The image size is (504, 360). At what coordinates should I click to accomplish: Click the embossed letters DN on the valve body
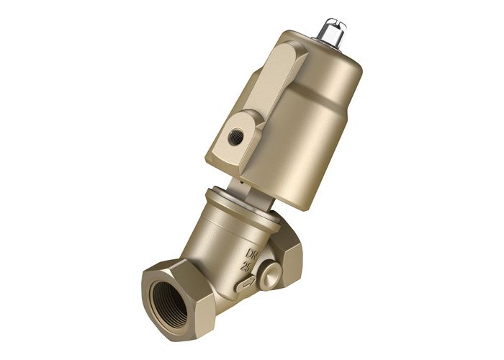(x=255, y=254)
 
